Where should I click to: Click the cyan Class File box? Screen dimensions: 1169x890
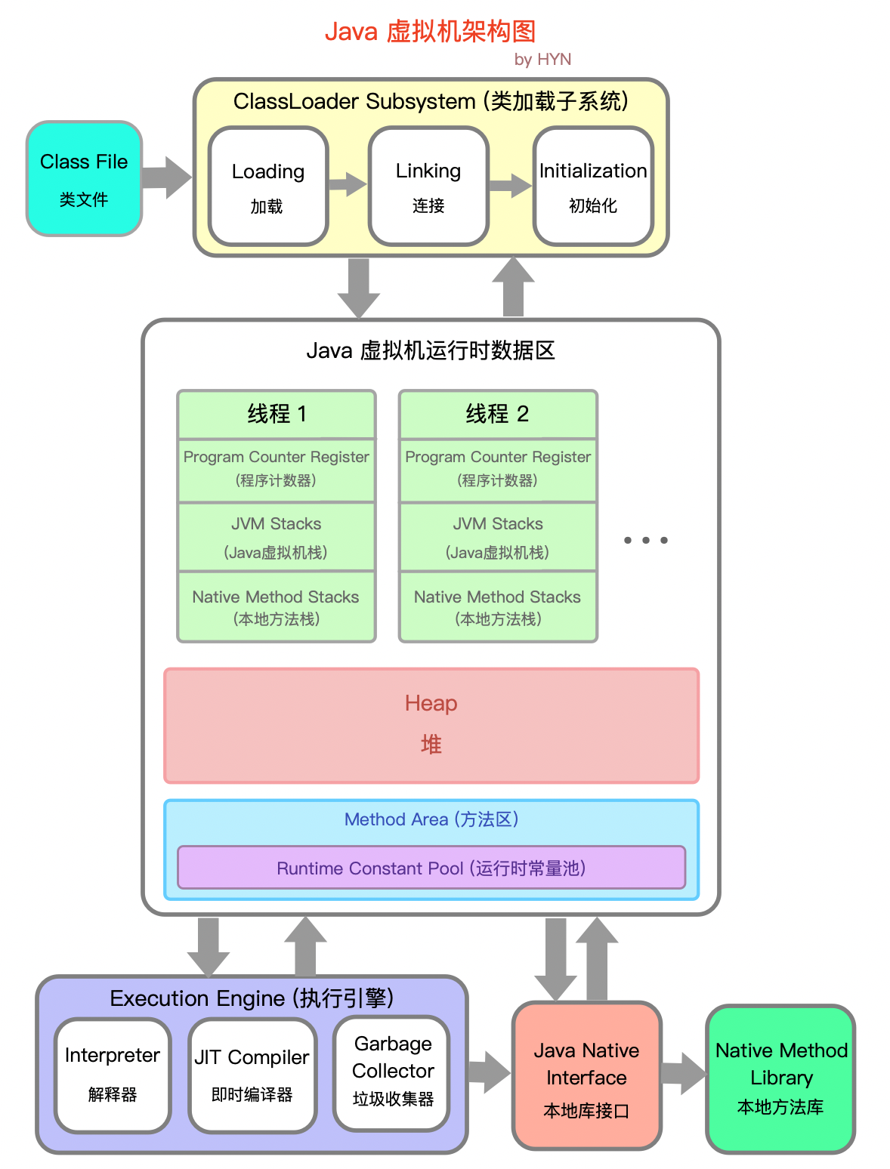[84, 179]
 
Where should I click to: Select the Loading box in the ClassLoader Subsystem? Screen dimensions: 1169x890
[268, 187]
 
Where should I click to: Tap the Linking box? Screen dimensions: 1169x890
[428, 187]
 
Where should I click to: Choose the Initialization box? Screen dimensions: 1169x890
[593, 187]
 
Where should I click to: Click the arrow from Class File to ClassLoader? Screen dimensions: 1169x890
[166, 178]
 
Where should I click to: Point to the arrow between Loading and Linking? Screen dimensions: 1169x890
[348, 184]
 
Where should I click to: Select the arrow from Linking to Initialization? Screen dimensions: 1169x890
[511, 185]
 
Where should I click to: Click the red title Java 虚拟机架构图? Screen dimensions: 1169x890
[430, 32]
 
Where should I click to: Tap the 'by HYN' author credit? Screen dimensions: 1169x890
[542, 60]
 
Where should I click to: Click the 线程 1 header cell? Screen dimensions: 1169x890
[277, 414]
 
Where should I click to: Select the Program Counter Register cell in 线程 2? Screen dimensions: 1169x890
[498, 468]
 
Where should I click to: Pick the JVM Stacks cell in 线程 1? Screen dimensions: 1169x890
[277, 537]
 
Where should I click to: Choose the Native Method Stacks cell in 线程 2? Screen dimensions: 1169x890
[498, 607]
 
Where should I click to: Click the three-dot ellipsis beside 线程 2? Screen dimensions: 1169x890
[645, 540]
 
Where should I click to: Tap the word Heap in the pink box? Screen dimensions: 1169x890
[431, 703]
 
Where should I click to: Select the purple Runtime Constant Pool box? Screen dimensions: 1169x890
[431, 868]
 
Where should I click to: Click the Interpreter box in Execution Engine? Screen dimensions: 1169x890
[113, 1075]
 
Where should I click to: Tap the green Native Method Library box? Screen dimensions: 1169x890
[780, 1078]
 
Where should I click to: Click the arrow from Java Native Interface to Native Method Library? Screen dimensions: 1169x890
[684, 1073]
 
